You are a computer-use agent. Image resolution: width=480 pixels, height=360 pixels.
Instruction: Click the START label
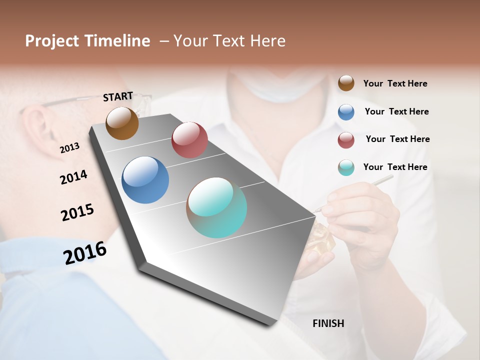(118, 96)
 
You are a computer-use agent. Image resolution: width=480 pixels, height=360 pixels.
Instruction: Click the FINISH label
(328, 323)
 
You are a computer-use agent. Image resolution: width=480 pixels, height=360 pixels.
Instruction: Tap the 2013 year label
(69, 148)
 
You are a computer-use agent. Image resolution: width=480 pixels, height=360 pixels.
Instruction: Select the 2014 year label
(73, 177)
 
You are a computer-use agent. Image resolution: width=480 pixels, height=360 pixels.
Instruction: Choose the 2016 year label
(85, 253)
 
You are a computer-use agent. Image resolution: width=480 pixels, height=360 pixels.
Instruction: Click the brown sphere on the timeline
(122, 123)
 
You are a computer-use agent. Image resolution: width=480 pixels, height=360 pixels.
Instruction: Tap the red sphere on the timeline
(189, 139)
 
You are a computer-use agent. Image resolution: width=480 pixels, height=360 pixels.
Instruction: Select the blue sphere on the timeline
(145, 180)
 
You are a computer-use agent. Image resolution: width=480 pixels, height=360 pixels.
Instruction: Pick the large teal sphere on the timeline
(216, 207)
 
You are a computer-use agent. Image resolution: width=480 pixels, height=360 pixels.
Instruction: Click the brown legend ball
(346, 83)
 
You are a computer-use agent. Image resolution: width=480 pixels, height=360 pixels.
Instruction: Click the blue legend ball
(346, 112)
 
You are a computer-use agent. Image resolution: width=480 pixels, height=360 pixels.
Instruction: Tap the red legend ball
(346, 140)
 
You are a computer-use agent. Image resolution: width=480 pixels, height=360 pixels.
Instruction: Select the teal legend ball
(346, 167)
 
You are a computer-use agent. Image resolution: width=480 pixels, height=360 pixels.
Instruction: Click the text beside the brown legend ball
(395, 83)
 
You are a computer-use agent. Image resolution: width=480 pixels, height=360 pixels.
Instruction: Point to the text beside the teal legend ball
(395, 167)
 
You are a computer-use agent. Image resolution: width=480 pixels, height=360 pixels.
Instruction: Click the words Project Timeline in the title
(87, 41)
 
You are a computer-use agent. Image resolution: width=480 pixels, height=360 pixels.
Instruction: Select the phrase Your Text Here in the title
(229, 41)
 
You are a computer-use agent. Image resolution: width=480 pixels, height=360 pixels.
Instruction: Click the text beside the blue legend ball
(396, 111)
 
